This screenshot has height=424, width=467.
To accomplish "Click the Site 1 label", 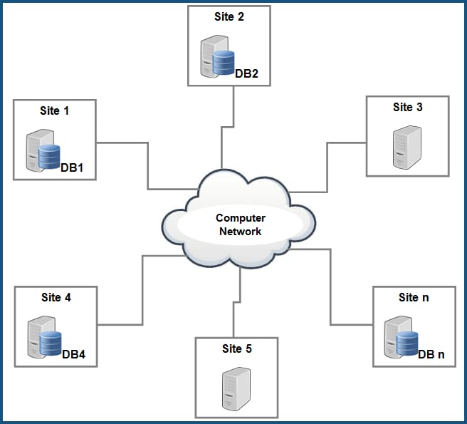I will tap(55, 111).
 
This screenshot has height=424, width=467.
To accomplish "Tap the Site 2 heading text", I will tap(229, 16).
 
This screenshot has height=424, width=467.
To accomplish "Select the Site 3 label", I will tap(407, 108).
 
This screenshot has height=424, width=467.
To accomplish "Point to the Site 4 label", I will tap(56, 297).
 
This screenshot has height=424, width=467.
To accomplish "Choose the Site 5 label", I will tap(236, 348).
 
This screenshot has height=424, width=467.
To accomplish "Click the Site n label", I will tap(414, 297).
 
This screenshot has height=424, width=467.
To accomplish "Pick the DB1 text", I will tap(73, 167).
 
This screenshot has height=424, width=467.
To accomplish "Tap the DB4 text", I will tap(73, 354).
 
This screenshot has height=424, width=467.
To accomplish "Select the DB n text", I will tap(431, 354).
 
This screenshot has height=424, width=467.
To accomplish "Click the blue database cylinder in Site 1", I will tap(49, 156).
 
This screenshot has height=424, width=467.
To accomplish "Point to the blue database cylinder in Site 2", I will tap(224, 61).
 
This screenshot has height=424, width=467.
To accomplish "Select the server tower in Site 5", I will tap(236, 388).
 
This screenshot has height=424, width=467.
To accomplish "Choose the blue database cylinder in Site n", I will tap(406, 343).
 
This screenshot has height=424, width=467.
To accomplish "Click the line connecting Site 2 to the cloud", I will tap(234, 114).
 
